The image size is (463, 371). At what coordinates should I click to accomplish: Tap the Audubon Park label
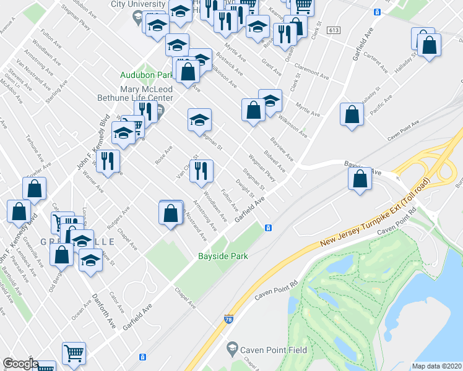pos(147,75)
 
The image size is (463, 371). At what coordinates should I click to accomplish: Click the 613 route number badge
pos(334,30)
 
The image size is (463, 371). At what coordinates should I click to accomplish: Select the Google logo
pos(20,364)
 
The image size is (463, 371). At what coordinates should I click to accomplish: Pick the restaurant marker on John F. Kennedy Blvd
pos(108,161)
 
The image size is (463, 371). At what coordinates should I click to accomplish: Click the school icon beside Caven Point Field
pos(232,349)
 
